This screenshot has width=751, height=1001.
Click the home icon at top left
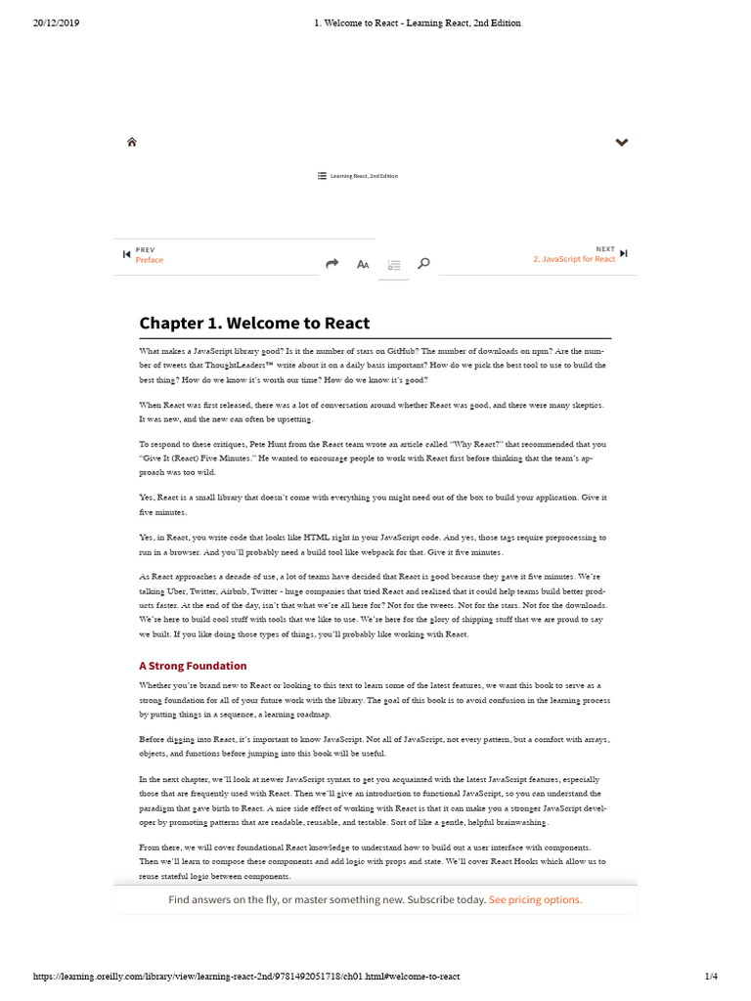pos(132,143)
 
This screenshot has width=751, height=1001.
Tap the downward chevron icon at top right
pos(621,143)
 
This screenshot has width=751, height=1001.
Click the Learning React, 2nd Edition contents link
pos(358,176)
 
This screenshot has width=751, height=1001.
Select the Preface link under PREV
pos(150,260)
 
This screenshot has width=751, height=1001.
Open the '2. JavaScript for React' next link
pos(574,259)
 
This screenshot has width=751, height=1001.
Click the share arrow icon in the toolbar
pos(331,264)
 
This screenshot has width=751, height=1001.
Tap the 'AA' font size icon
pos(363,264)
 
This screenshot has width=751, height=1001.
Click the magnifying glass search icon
pos(423,264)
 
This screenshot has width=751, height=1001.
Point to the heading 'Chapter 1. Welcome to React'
pos(254,324)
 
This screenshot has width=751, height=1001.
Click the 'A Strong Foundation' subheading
pos(193,666)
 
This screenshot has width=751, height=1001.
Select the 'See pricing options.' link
pos(535,899)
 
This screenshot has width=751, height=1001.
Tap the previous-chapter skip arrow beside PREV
pos(126,255)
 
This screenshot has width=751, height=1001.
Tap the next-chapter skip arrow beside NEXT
pos(624,254)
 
